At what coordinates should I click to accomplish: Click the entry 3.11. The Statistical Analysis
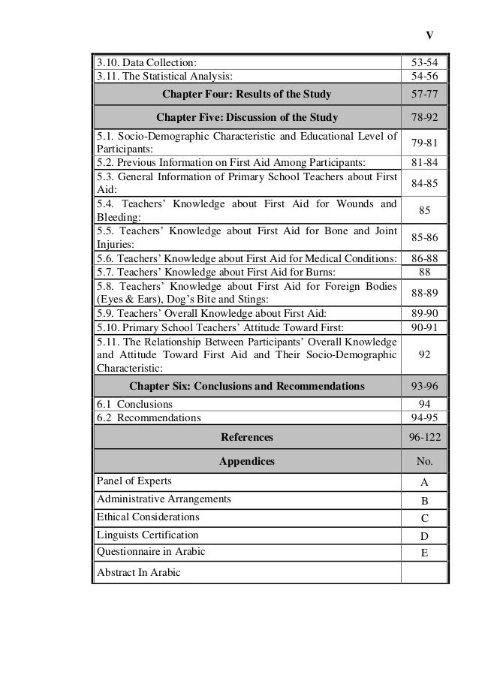click(163, 76)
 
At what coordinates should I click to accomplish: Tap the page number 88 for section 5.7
click(424, 271)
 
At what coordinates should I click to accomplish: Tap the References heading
click(247, 436)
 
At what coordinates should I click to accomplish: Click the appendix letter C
click(424, 518)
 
